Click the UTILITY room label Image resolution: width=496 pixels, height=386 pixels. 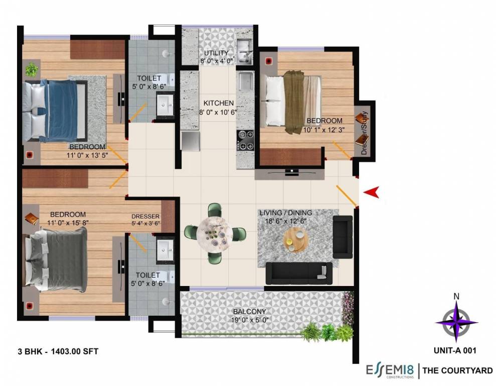(216, 53)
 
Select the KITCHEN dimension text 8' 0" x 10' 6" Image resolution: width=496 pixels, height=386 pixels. (218, 112)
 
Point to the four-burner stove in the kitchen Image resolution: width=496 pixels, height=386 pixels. (245, 140)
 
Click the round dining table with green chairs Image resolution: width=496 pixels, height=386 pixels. (215, 233)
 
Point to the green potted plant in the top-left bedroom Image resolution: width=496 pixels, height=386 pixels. (32, 69)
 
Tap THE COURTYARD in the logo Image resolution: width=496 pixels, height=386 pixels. (457, 371)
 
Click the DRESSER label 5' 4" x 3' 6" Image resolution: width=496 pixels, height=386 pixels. (145, 220)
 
